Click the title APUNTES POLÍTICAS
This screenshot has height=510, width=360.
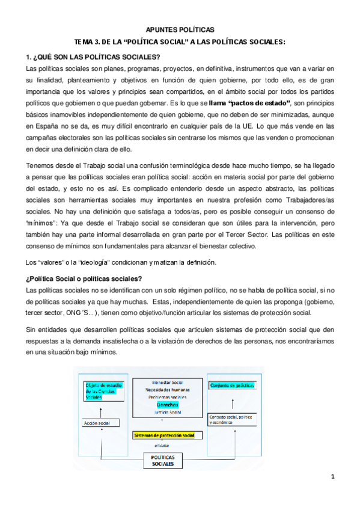(x=180, y=29)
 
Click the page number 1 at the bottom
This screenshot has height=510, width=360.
(x=332, y=478)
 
